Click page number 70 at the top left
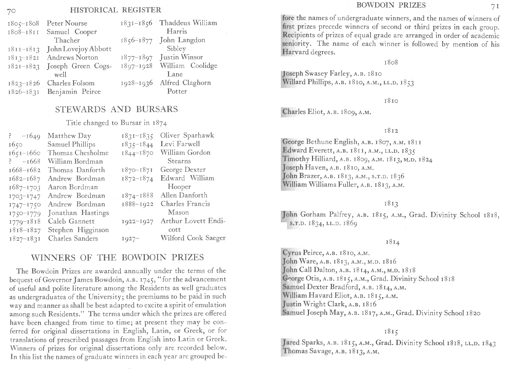12,11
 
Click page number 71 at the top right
495,7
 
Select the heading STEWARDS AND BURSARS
116,109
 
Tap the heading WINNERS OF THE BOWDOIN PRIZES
118,258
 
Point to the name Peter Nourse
67,23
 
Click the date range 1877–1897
136,57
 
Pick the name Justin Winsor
181,57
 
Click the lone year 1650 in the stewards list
15,145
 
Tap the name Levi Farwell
180,144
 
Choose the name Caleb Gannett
71,222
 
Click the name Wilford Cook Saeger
193,238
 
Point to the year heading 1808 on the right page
391,63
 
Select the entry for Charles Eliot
327,112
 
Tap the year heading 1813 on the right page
391,204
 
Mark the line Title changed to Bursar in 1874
117,123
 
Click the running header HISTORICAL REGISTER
116,10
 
